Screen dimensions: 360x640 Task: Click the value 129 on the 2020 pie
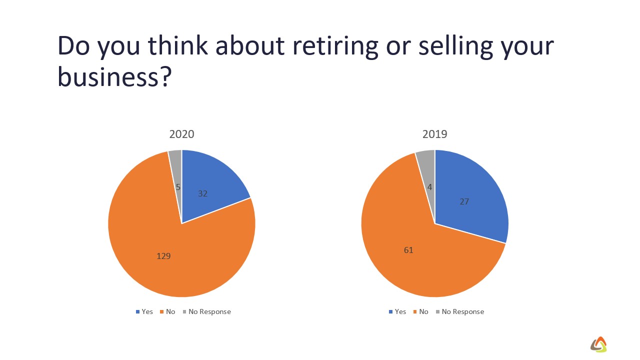click(164, 256)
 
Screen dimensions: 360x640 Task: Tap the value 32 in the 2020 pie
click(202, 193)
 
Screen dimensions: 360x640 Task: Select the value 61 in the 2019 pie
click(408, 250)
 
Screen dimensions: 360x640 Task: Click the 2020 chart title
click(181, 134)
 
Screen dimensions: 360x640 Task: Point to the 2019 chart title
click(434, 134)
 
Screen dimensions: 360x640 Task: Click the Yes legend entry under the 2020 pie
click(144, 311)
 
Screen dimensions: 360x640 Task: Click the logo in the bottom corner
click(598, 343)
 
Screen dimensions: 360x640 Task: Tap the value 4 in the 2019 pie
click(430, 187)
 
